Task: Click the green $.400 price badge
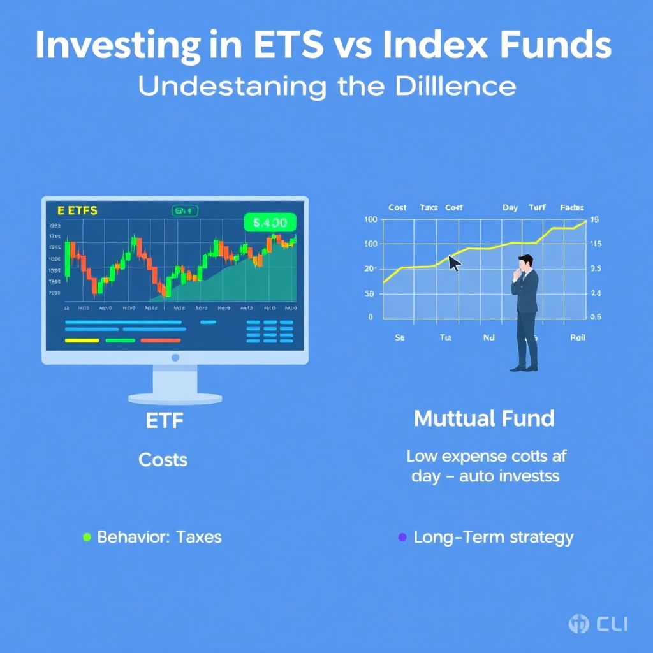pyautogui.click(x=270, y=223)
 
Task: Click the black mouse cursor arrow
pyautogui.click(x=455, y=263)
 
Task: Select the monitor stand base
pyautogui.click(x=175, y=398)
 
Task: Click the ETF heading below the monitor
pyautogui.click(x=163, y=422)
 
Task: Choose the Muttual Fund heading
pyautogui.click(x=484, y=419)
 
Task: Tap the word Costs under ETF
pyautogui.click(x=163, y=460)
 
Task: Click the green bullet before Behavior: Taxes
pyautogui.click(x=87, y=537)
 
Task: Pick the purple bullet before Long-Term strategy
pyautogui.click(x=402, y=537)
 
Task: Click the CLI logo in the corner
pyautogui.click(x=598, y=624)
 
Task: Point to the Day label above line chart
pyautogui.click(x=510, y=208)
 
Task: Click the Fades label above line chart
pyautogui.click(x=572, y=208)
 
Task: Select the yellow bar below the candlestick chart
pyautogui.click(x=82, y=341)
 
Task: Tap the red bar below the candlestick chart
pyautogui.click(x=160, y=341)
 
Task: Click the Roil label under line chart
pyautogui.click(x=577, y=338)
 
